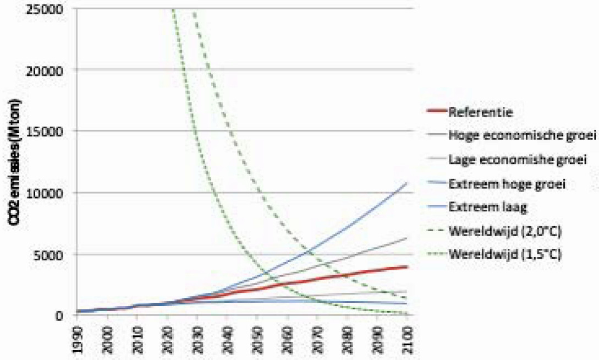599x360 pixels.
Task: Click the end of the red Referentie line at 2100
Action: [x=406, y=266]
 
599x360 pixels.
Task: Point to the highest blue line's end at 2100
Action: [x=406, y=182]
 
